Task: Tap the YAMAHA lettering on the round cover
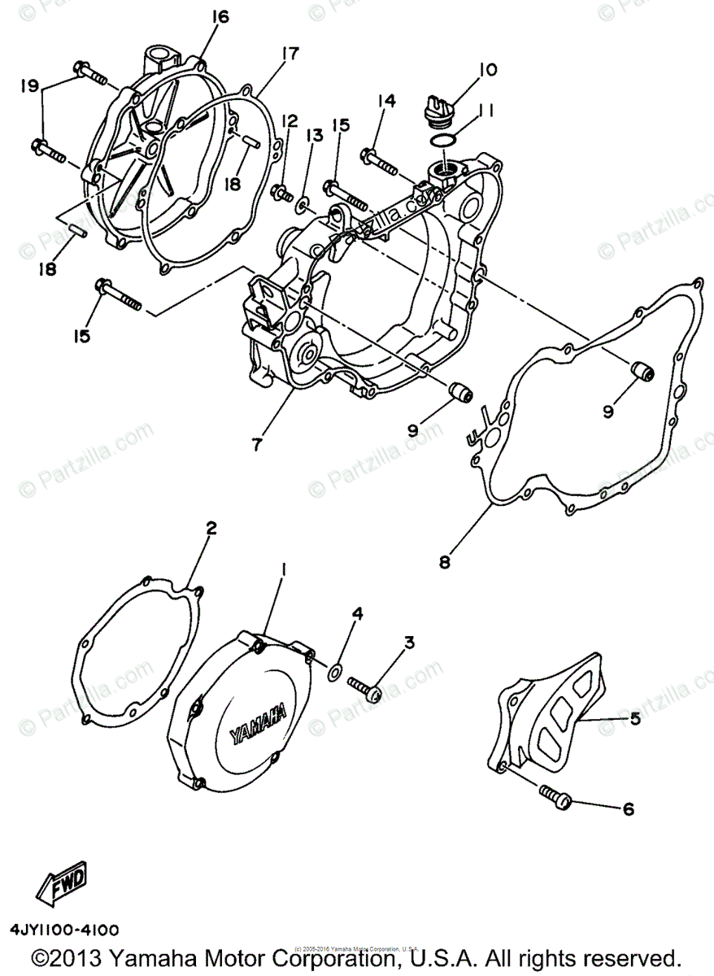coord(258,722)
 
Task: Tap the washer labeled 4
coord(334,671)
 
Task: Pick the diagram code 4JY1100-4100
coord(65,929)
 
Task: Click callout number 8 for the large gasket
coord(444,561)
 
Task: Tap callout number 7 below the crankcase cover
coord(257,444)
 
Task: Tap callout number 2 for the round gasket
coord(211,529)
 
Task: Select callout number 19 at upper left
coord(29,84)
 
